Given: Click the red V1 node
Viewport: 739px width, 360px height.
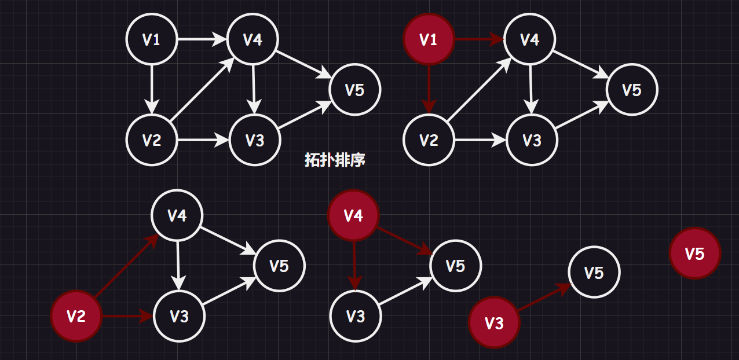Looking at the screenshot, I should click(429, 40).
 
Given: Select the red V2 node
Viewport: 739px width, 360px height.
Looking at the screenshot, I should click(76, 316).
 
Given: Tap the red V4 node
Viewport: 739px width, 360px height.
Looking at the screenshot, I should click(353, 216).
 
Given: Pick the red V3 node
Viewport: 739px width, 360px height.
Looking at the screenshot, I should click(494, 323).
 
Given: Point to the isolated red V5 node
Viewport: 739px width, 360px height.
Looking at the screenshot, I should click(694, 254).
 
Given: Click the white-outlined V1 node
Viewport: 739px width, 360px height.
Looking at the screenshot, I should click(152, 40).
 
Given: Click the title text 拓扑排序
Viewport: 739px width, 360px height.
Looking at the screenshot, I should click(335, 160).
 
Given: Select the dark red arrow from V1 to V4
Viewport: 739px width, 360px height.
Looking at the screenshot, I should click(478, 40).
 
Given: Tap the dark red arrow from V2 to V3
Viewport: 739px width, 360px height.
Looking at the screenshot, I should click(127, 316).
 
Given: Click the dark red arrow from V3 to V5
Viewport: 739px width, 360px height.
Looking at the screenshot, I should click(544, 297).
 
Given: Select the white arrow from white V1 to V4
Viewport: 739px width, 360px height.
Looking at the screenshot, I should click(201, 40).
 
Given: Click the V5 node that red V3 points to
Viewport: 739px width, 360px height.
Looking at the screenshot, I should click(594, 273).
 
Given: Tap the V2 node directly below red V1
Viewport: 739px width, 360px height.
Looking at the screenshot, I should click(429, 140).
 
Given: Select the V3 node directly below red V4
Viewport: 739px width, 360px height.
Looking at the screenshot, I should click(356, 316).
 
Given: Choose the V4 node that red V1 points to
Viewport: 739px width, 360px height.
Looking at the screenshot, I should click(530, 40).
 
